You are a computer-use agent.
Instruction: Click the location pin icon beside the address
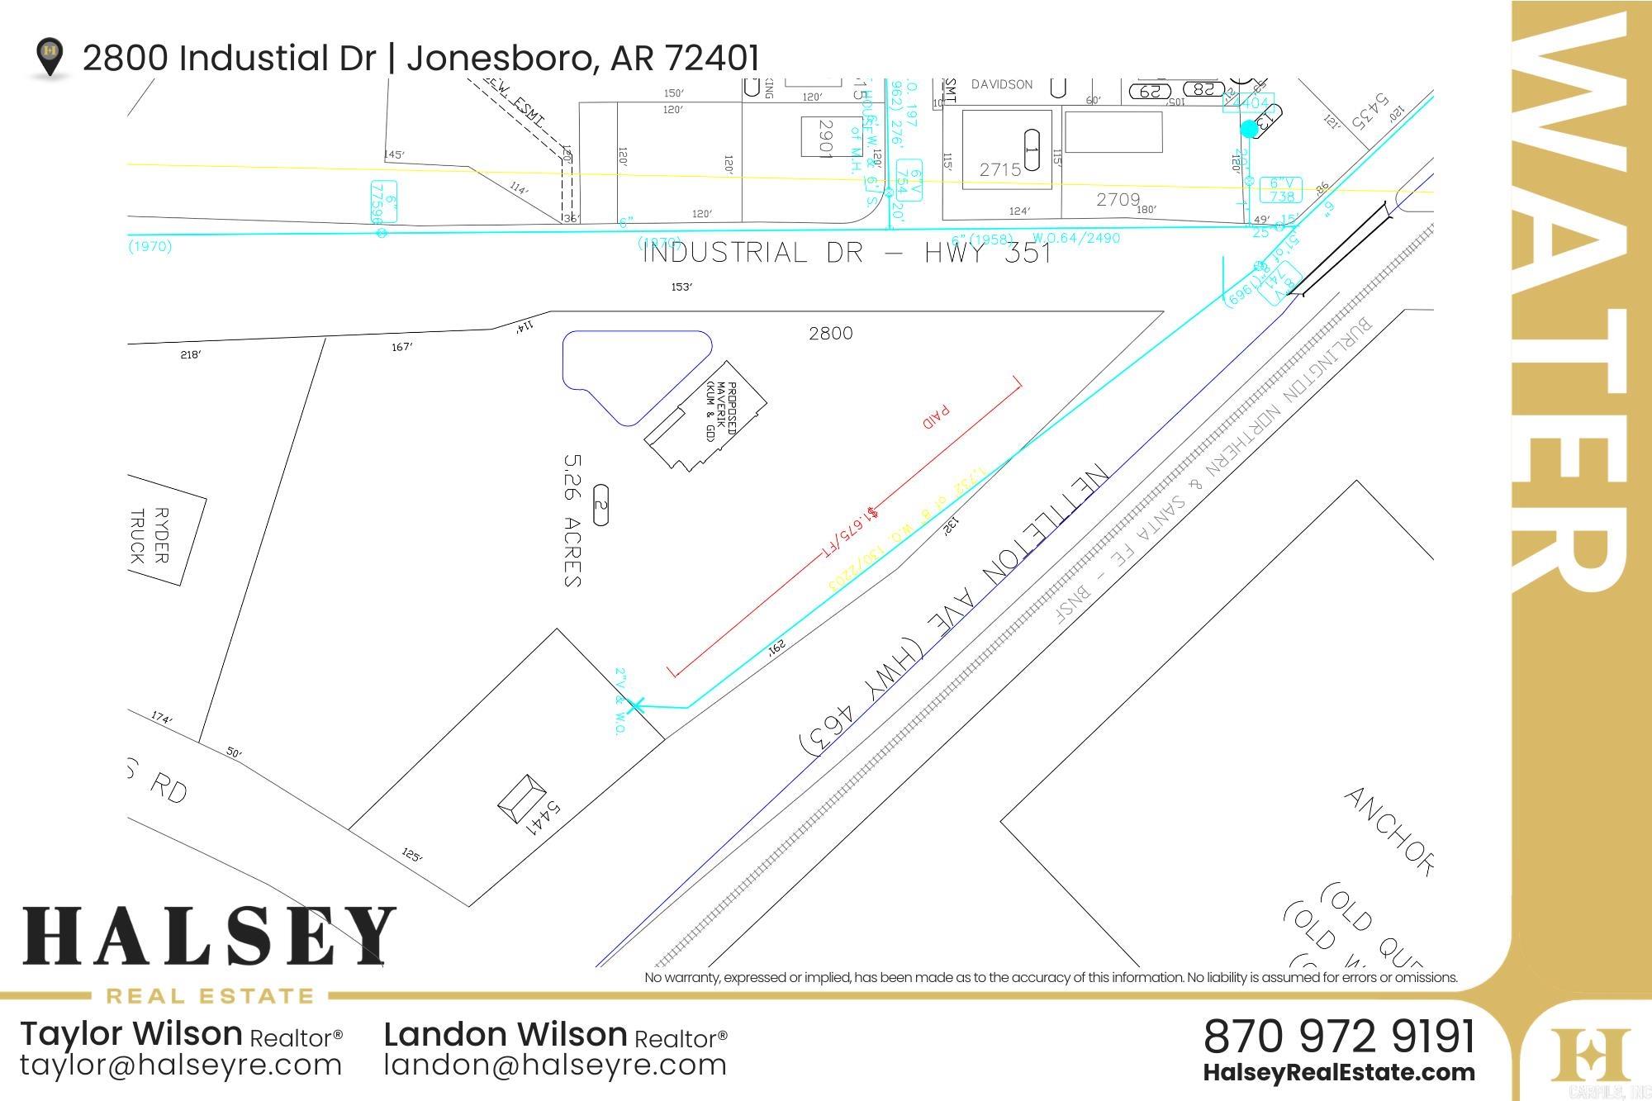click(50, 56)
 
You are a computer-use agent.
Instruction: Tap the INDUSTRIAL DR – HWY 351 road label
click(847, 253)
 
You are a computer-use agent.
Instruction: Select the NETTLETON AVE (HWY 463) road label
click(954, 611)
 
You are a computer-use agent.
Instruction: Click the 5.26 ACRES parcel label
click(572, 520)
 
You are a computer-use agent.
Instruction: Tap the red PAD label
click(937, 416)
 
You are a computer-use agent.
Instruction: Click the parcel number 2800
click(830, 333)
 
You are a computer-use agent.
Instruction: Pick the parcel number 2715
click(1000, 170)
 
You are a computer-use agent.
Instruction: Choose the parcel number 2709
click(1118, 200)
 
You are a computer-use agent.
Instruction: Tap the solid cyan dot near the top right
click(1249, 129)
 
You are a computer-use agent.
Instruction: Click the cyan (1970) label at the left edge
click(150, 246)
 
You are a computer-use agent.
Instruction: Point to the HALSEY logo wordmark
click(209, 937)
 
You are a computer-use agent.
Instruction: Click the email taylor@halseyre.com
click(181, 1065)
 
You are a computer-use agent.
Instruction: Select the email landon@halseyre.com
click(555, 1065)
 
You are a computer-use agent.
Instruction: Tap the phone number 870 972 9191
click(1338, 1037)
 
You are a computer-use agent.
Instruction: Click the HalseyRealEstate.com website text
click(1338, 1073)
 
